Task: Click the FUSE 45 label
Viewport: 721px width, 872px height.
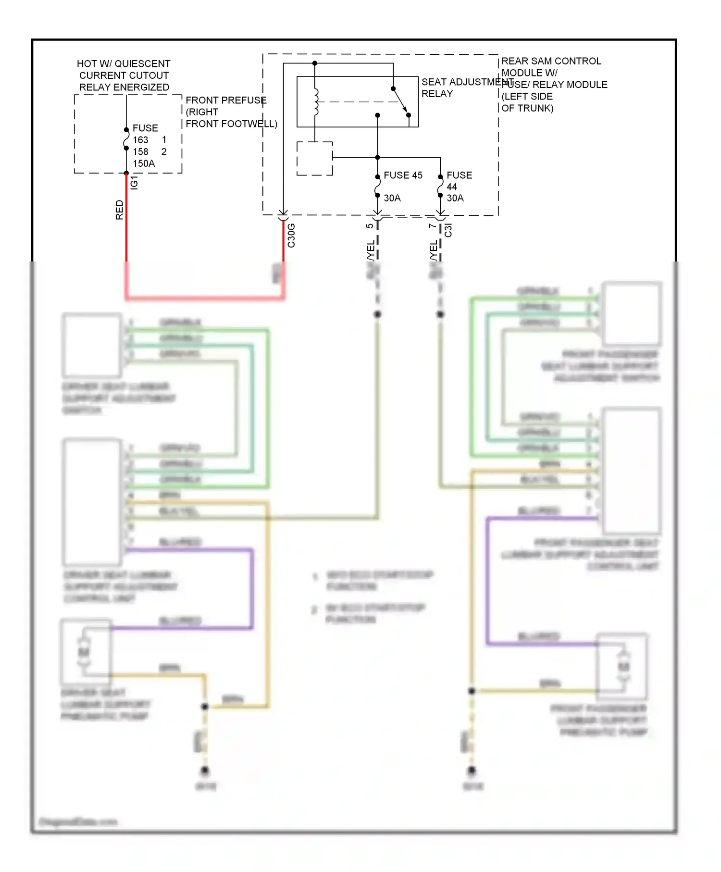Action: point(403,175)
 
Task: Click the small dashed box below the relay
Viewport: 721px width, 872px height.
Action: point(315,159)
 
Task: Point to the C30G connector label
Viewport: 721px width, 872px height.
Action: point(291,236)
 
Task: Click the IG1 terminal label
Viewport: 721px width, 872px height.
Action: point(134,182)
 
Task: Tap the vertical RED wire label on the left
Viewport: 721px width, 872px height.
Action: point(119,210)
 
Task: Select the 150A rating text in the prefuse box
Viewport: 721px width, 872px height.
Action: point(144,163)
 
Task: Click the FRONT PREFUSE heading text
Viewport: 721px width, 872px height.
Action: point(226,100)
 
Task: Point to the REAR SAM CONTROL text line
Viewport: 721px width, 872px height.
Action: point(551,61)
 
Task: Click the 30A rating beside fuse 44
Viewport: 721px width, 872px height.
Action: point(455,198)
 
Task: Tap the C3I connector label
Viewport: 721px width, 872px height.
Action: point(448,230)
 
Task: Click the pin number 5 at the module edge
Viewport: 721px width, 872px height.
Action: point(369,225)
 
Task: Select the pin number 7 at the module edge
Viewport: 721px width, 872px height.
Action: point(432,225)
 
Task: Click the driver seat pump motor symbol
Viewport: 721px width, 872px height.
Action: point(84,652)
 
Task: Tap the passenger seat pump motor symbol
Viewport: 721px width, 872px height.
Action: point(623,667)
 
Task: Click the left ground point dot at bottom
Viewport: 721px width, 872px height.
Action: point(205,771)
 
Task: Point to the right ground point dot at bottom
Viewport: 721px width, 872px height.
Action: point(472,771)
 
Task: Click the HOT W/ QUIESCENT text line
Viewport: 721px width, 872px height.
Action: point(124,64)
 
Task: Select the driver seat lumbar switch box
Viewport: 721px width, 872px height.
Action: point(92,346)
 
